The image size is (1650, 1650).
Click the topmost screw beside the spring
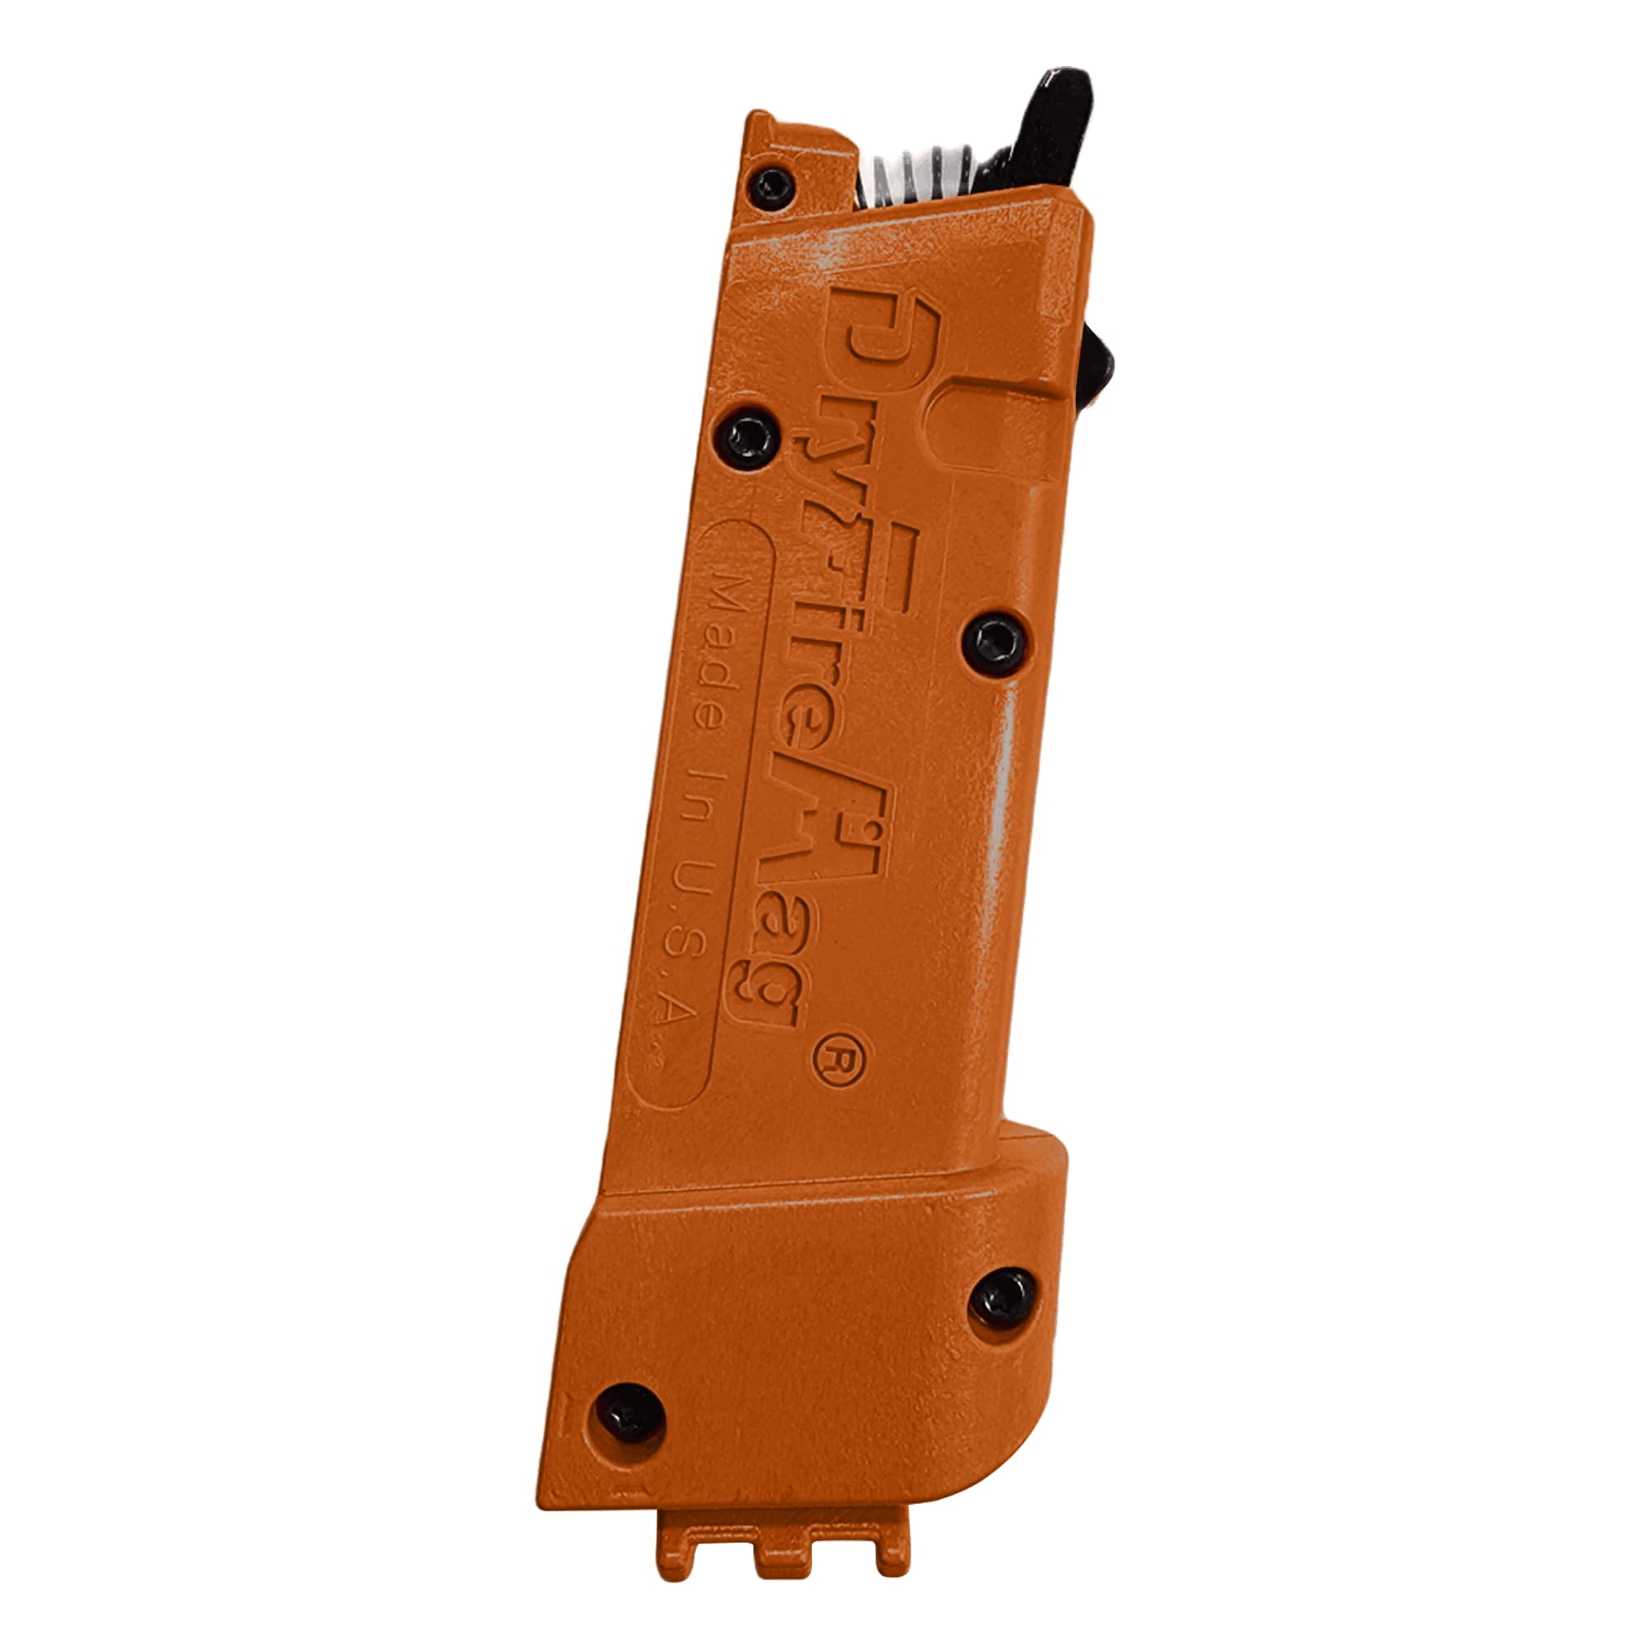(772, 186)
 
